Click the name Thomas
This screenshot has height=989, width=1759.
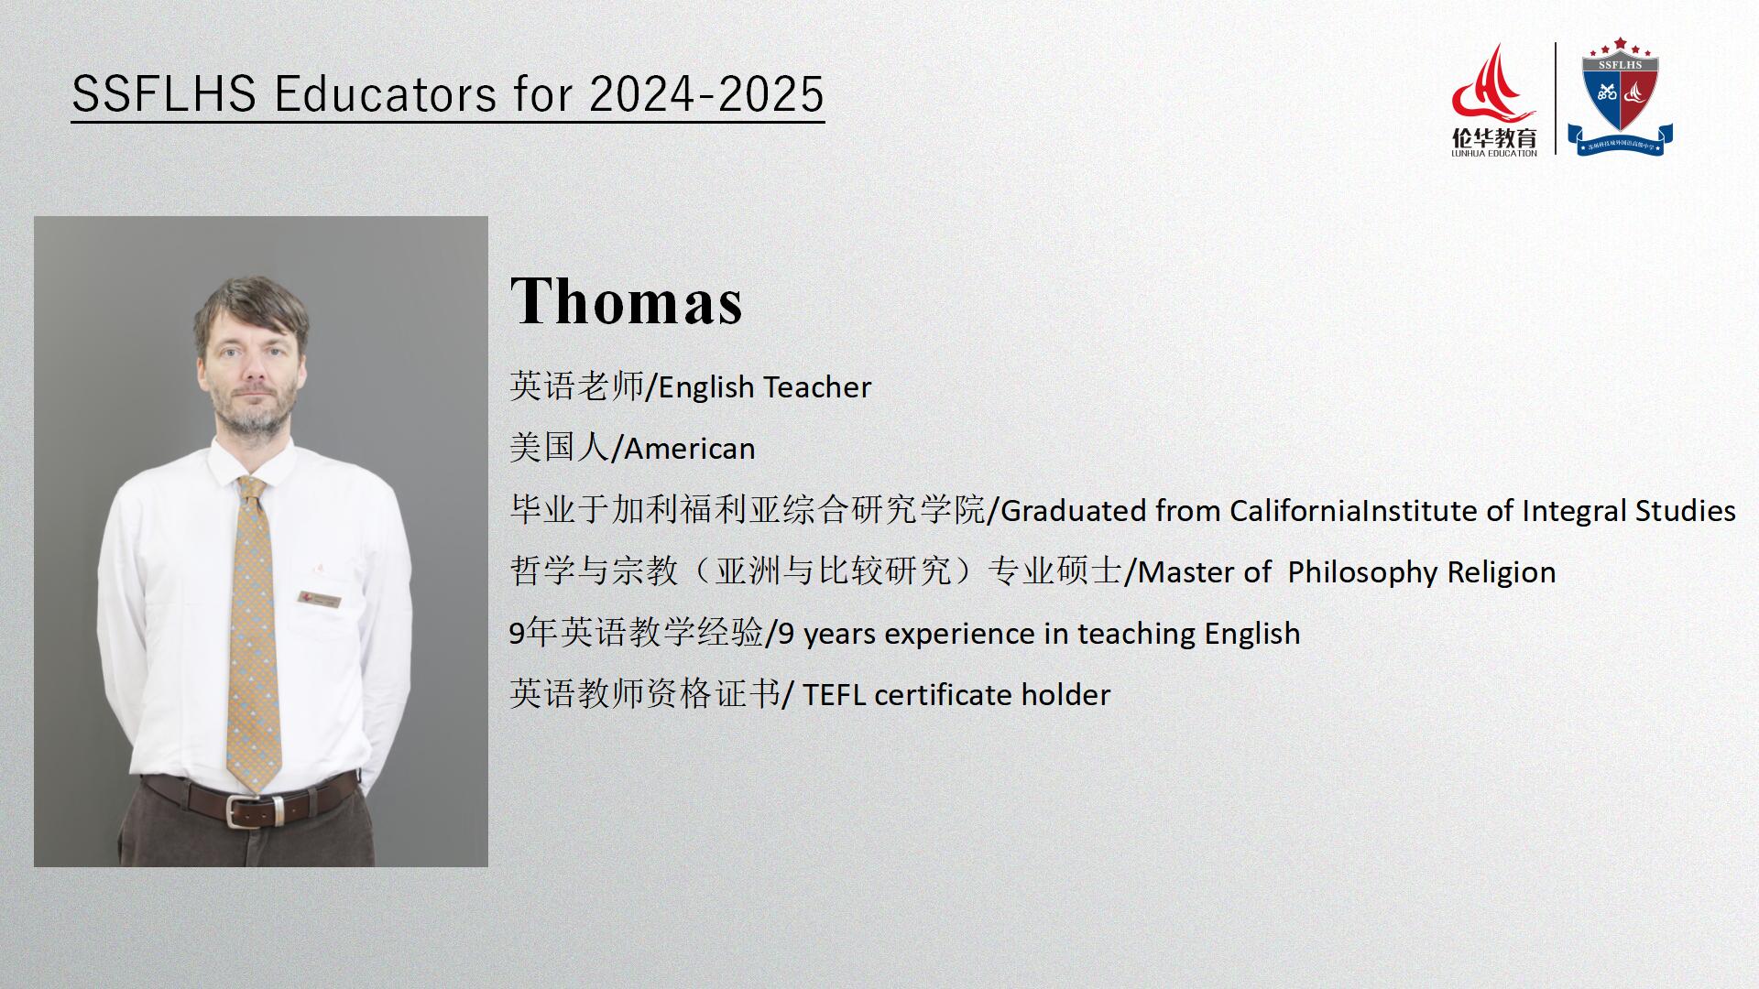point(626,300)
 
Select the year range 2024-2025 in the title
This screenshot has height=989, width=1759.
point(706,94)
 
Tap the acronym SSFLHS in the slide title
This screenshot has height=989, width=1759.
point(164,94)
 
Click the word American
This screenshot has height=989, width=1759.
point(690,449)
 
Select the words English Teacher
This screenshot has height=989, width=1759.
point(765,387)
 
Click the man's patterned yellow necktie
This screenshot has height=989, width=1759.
point(254,632)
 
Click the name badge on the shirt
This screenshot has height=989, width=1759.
point(320,600)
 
